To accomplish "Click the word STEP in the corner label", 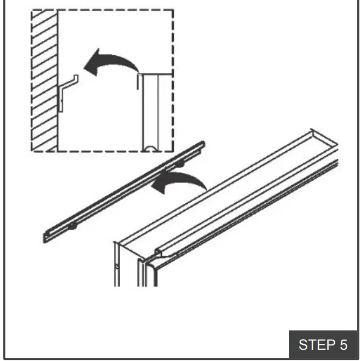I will pyautogui.click(x=316, y=344).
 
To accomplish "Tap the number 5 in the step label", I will pyautogui.click(x=343, y=344).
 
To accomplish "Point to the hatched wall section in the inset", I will pyautogui.click(x=44, y=80).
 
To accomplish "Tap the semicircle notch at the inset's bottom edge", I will pyautogui.click(x=151, y=148).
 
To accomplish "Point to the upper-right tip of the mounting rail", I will pyautogui.click(x=203, y=143).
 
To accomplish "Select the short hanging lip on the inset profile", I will pyautogui.click(x=139, y=81).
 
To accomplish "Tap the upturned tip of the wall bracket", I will pyautogui.click(x=77, y=77).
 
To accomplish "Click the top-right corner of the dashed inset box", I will pyautogui.click(x=173, y=10).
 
